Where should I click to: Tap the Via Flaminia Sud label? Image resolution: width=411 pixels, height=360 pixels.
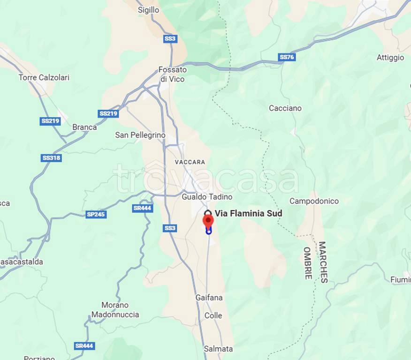(248, 214)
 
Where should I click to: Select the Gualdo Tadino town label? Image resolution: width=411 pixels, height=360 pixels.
(207, 197)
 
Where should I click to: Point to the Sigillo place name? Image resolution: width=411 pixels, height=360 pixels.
(148, 10)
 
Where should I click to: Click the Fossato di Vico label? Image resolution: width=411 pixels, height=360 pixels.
(173, 75)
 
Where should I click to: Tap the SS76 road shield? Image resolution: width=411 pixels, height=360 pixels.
(286, 57)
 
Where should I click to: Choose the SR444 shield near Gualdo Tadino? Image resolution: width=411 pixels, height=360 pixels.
(142, 208)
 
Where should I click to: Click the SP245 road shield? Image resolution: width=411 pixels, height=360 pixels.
(96, 214)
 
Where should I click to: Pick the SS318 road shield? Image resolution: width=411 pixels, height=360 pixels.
(51, 158)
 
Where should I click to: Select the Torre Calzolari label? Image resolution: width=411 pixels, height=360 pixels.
(44, 77)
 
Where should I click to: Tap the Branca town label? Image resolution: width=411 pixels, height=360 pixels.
(84, 127)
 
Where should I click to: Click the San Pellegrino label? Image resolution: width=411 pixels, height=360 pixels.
(140, 135)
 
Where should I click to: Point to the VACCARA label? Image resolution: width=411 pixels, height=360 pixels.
(190, 162)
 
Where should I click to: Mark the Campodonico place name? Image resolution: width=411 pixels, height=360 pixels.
(314, 201)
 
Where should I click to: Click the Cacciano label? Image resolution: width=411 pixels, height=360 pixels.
(285, 108)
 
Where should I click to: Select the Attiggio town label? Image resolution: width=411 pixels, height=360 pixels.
(390, 58)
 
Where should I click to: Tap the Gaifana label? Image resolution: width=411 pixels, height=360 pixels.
(209, 298)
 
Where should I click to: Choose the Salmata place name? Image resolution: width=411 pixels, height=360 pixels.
(218, 349)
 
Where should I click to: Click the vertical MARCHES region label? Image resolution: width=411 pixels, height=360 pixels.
(322, 262)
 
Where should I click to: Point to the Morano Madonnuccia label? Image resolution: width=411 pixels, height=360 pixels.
(115, 310)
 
